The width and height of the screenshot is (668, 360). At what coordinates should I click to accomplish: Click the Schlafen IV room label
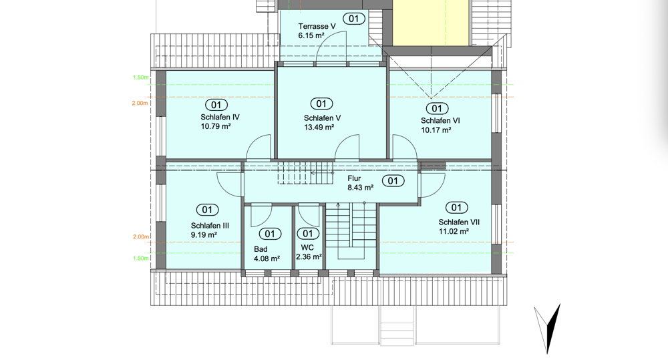[x=220, y=117]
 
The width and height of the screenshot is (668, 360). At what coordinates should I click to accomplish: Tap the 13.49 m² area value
[x=319, y=128]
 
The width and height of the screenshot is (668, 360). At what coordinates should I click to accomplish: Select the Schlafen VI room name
[x=440, y=121]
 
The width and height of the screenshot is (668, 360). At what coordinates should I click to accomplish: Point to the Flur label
[x=354, y=178]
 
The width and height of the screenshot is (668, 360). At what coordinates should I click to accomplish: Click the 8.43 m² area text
[x=361, y=188]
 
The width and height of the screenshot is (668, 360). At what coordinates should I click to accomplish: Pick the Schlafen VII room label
[x=460, y=222]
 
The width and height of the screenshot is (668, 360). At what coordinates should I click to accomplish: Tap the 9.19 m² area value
[x=204, y=234]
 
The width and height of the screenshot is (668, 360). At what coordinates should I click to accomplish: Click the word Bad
[x=261, y=249]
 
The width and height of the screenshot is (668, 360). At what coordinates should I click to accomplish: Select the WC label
[x=307, y=248]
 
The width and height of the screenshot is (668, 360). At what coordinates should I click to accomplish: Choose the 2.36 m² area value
[x=309, y=257]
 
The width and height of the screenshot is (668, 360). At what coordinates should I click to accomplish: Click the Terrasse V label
[x=317, y=27]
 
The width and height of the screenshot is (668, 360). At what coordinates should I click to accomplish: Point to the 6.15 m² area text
[x=311, y=36]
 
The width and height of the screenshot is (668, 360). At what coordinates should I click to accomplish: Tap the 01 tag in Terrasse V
[x=354, y=19]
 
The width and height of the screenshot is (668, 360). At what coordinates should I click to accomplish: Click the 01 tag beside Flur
[x=393, y=181]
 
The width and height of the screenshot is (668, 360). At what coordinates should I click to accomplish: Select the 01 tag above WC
[x=307, y=234]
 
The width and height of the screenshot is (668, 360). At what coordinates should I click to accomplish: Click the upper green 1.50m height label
[x=140, y=77]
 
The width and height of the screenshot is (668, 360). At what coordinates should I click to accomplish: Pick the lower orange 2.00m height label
[x=140, y=237]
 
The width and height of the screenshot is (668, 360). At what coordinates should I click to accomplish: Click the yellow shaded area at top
[x=430, y=23]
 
